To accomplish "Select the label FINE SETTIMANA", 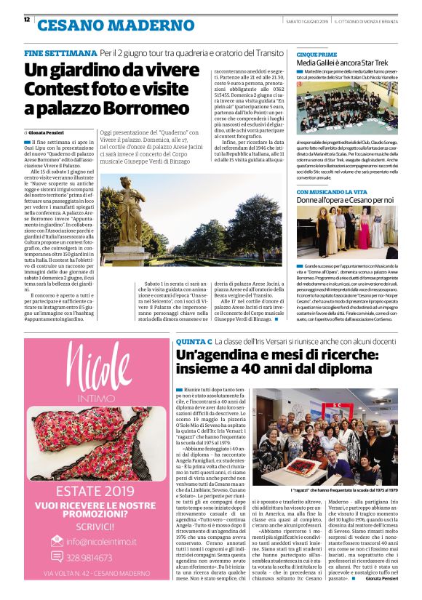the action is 60,53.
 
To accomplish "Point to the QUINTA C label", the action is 194,341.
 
